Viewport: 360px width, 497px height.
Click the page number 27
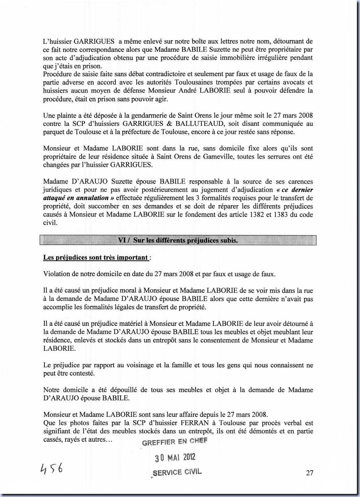point(309,473)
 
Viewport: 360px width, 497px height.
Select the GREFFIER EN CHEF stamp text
point(175,441)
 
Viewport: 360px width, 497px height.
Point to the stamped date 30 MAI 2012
point(175,457)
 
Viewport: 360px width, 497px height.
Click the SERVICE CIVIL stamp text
point(177,472)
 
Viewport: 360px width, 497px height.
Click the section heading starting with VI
point(178,240)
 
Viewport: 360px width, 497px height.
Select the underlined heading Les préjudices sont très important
point(95,257)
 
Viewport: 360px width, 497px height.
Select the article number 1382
point(255,215)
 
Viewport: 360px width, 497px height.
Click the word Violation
point(56,274)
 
